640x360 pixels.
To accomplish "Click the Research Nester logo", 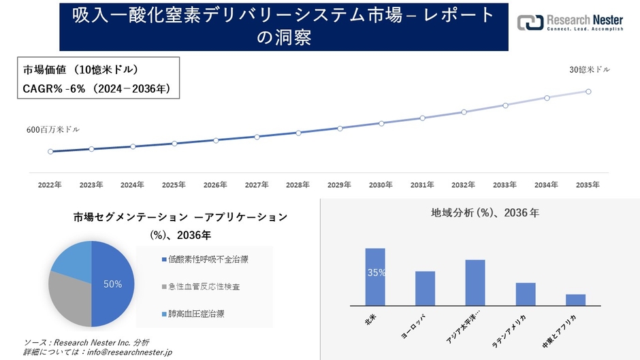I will (x=571, y=23).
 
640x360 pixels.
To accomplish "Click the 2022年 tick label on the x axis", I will (x=50, y=184).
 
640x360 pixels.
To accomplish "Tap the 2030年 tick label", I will (x=381, y=184).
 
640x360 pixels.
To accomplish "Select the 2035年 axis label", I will (x=588, y=184).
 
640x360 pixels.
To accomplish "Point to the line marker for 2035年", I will (x=588, y=91).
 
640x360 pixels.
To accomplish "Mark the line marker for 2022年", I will (x=50, y=151).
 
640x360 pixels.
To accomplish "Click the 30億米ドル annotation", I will (x=590, y=69).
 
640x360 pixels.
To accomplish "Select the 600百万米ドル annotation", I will (x=52, y=129).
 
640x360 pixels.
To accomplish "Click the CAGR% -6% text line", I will (x=96, y=88).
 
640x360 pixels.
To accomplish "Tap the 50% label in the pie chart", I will (x=112, y=284).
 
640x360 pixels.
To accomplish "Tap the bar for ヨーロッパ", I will (x=425, y=289).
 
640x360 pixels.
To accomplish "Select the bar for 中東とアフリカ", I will (x=575, y=299).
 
